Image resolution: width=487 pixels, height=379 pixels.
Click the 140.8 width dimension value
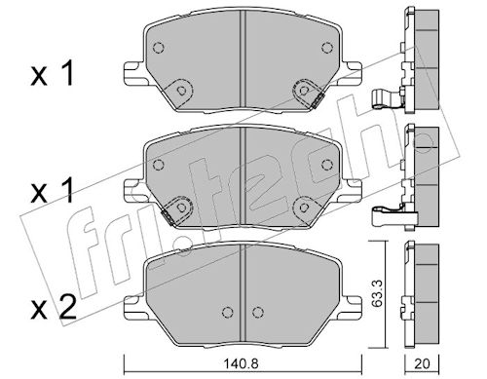pyautogui.click(x=241, y=363)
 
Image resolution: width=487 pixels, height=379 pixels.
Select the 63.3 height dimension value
pyautogui.click(x=377, y=294)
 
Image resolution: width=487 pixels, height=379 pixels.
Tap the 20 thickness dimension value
pyautogui.click(x=422, y=363)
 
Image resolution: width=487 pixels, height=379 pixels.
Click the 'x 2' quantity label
pyautogui.click(x=54, y=308)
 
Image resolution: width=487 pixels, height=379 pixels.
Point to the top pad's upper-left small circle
pyautogui.click(x=158, y=48)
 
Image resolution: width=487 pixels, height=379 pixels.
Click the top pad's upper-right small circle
pyautogui.click(x=327, y=48)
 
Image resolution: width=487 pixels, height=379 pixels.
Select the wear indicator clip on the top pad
pyautogui.click(x=317, y=99)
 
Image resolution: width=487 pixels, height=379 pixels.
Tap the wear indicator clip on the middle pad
pyautogui.click(x=169, y=216)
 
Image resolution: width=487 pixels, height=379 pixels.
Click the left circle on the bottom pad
pyautogui.click(x=228, y=312)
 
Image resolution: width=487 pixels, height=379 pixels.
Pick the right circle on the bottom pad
pyautogui.click(x=257, y=312)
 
